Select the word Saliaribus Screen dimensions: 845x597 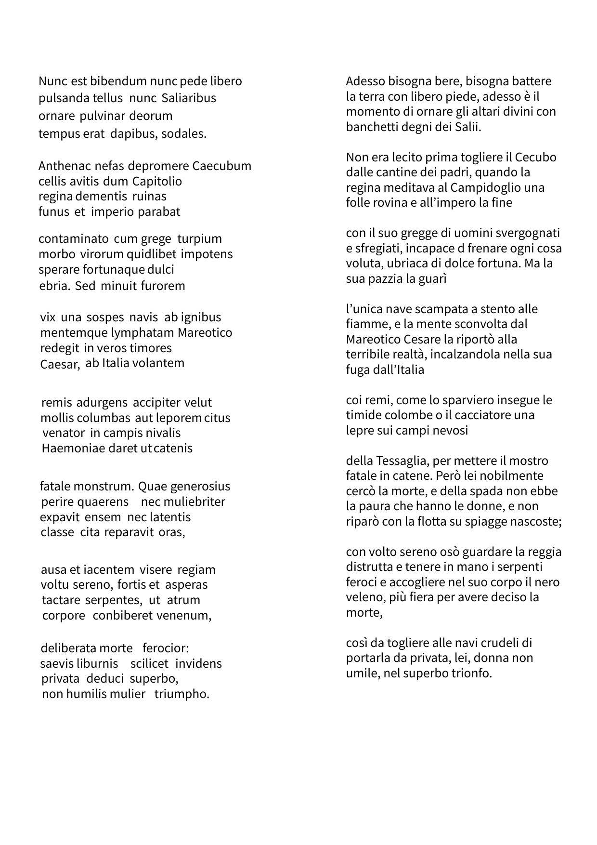click(x=189, y=98)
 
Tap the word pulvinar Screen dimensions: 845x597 click(x=102, y=116)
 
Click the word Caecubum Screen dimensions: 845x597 click(x=222, y=166)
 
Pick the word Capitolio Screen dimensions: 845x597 click(x=157, y=182)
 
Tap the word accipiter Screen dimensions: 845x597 click(x=156, y=403)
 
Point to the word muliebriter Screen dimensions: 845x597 click(x=194, y=502)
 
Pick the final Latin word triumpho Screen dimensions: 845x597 click(x=182, y=694)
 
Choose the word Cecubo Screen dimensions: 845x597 click(x=536, y=158)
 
